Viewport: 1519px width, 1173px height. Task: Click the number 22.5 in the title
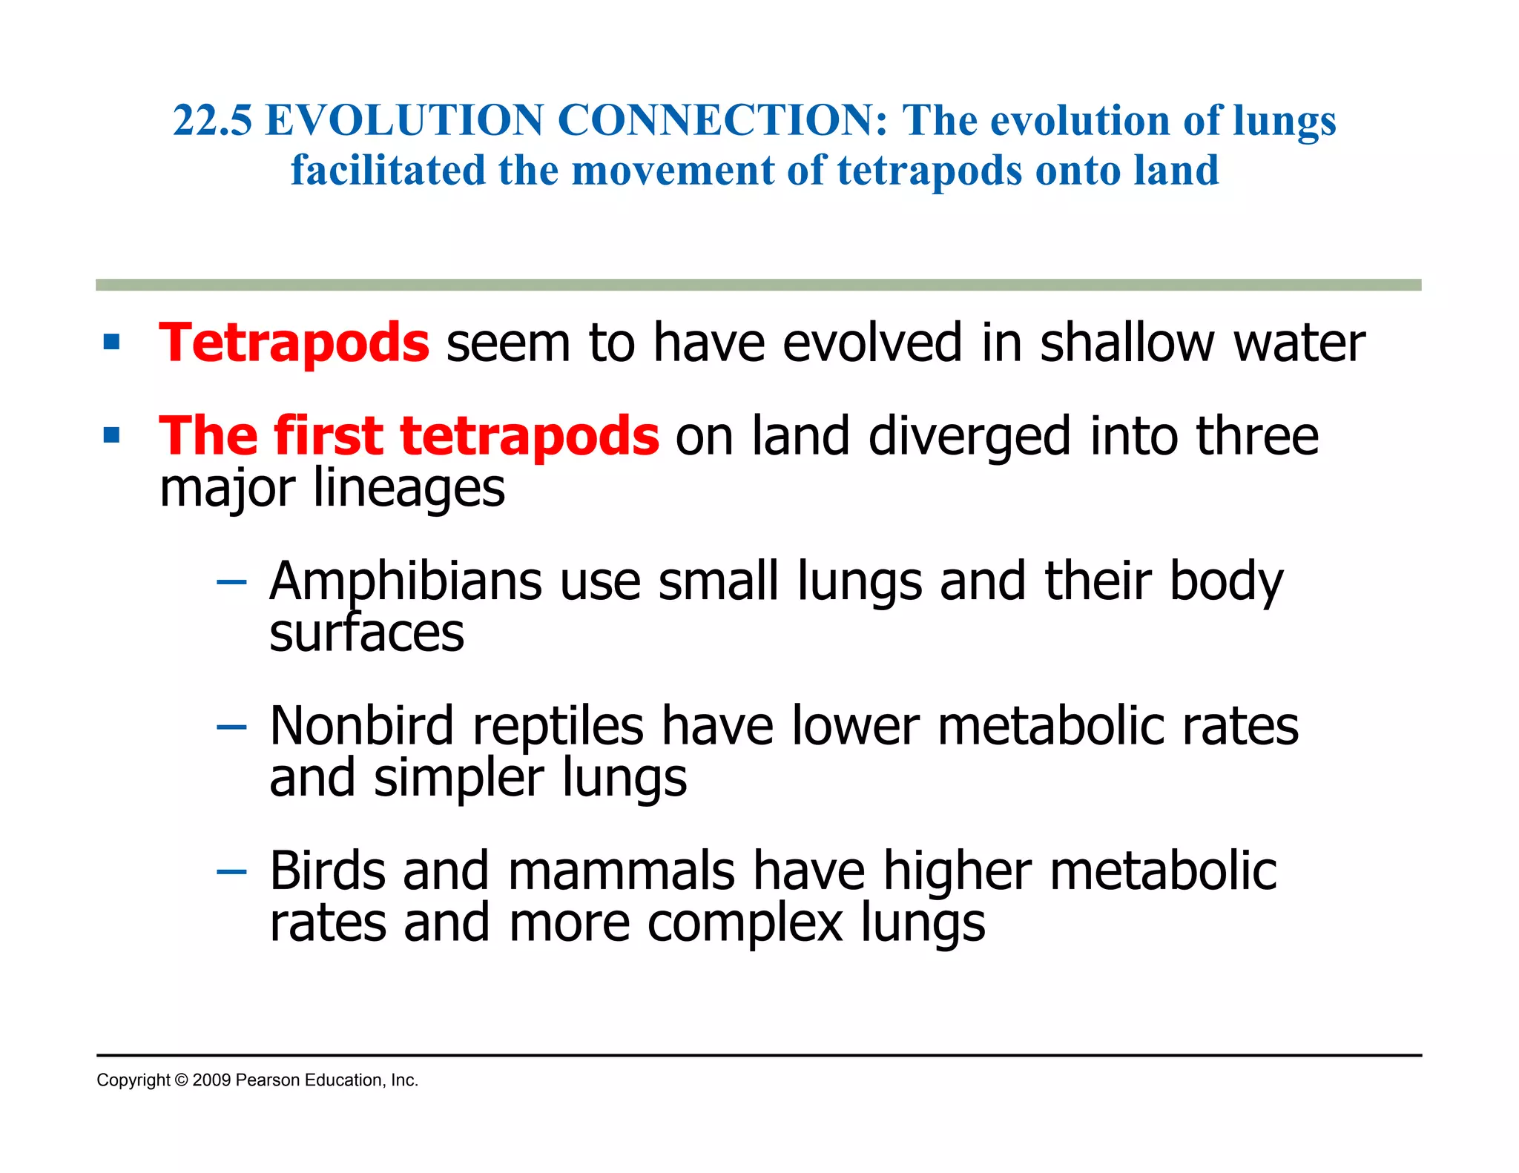click(x=213, y=120)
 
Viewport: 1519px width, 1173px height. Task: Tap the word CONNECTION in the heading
click(x=722, y=120)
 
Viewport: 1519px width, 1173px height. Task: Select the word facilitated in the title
click(x=387, y=170)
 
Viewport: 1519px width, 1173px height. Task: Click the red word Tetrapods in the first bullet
click(x=294, y=343)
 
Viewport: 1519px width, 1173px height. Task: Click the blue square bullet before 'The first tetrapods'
click(x=112, y=435)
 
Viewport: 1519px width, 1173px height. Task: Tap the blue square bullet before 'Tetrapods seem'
click(x=112, y=342)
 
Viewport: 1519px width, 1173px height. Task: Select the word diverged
click(x=969, y=436)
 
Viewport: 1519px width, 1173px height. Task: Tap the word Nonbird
click(x=362, y=726)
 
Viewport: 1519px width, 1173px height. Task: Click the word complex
click(x=745, y=923)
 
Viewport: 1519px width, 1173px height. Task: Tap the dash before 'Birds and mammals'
click(x=231, y=871)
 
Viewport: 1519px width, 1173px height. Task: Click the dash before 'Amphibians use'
click(x=231, y=582)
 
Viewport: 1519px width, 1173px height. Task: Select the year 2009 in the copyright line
click(x=211, y=1080)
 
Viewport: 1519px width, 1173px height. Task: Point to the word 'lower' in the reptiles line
click(x=855, y=726)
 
